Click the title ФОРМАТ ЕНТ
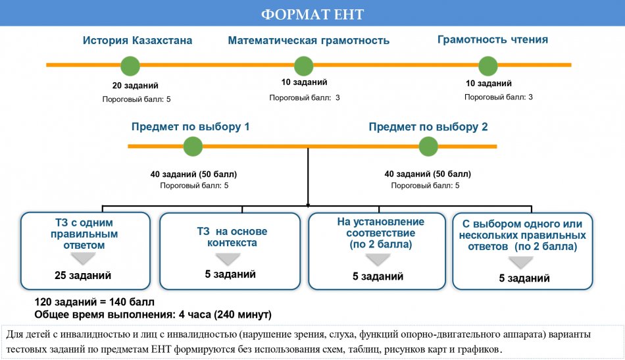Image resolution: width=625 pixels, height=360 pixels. tap(312, 14)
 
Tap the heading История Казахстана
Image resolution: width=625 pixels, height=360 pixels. tap(137, 40)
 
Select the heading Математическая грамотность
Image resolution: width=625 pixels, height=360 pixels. tap(309, 41)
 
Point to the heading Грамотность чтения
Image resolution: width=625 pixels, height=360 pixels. tap(493, 39)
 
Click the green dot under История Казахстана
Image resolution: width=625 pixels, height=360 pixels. tap(130, 66)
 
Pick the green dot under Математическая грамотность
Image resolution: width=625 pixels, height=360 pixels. tap(304, 66)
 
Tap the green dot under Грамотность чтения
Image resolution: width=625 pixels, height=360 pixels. tap(488, 66)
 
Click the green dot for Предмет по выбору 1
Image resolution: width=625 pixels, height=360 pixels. tap(193, 146)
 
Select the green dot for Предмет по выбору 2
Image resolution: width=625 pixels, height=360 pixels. tap(428, 146)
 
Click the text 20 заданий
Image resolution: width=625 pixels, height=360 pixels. tap(135, 86)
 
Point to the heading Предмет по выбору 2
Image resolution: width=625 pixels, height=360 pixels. tap(428, 127)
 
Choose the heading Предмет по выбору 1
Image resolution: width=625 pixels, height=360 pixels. tap(191, 127)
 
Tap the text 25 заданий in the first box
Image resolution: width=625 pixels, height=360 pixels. tap(83, 275)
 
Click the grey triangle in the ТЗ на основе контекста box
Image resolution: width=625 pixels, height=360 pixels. tap(228, 259)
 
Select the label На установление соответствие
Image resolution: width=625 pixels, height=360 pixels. tap(381, 227)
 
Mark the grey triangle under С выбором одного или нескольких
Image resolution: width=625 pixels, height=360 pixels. tap(521, 263)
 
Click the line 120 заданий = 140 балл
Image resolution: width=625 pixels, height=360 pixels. tap(95, 302)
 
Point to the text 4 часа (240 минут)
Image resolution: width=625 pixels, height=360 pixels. tap(225, 315)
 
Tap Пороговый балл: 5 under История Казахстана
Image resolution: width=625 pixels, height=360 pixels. tap(136, 99)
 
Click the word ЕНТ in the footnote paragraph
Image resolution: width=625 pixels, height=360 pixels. tap(161, 349)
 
